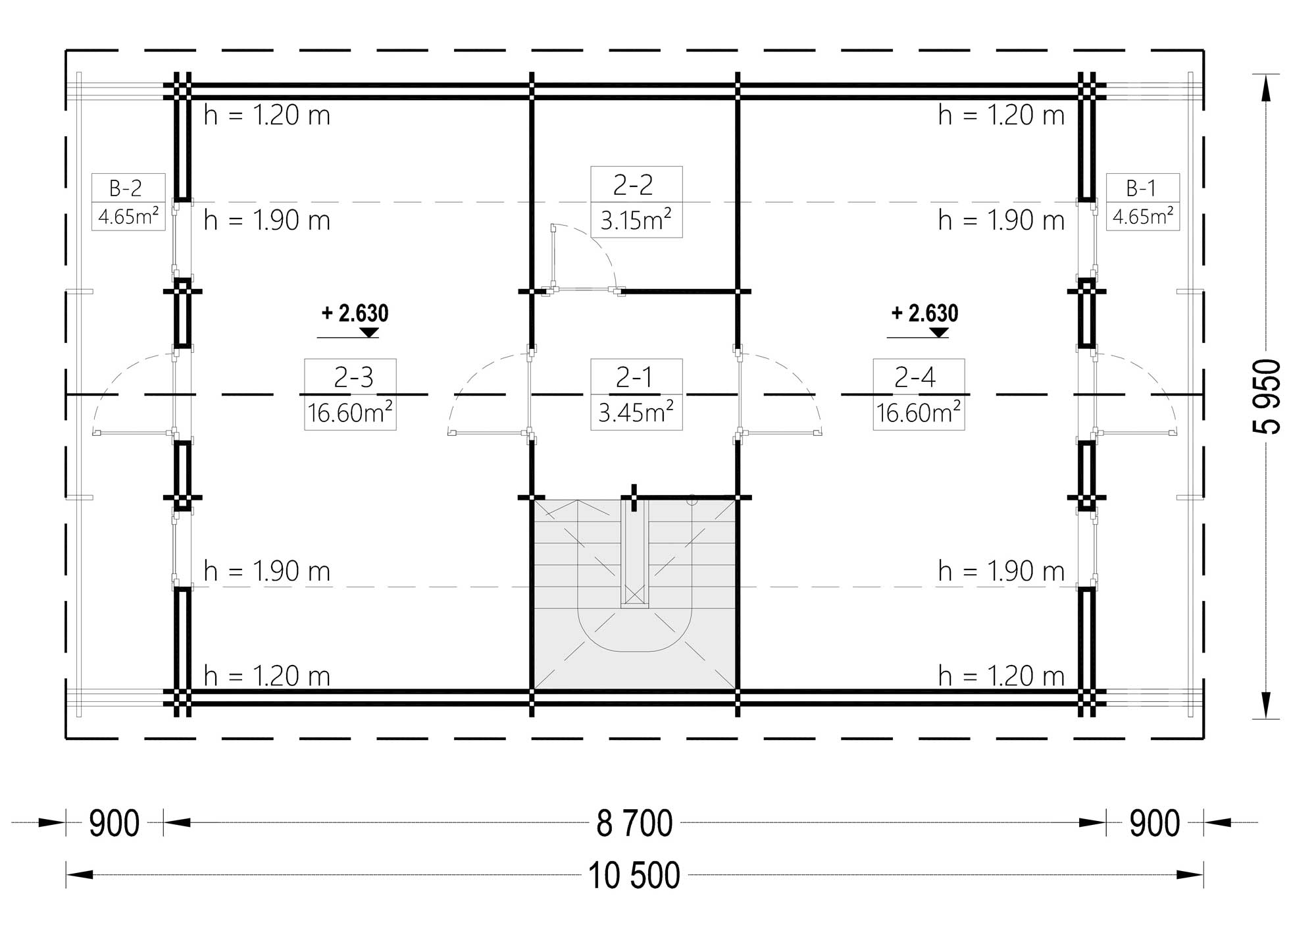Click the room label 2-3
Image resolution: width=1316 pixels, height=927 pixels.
(x=353, y=377)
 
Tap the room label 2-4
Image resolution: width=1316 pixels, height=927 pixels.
(x=915, y=377)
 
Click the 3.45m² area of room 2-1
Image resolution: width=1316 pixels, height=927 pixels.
(x=636, y=413)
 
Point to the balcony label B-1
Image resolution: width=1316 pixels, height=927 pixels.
(x=1141, y=189)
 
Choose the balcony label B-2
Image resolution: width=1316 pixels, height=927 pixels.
(x=126, y=189)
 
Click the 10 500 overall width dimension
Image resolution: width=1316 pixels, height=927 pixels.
(x=634, y=876)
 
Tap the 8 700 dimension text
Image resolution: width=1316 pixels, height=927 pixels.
(x=634, y=823)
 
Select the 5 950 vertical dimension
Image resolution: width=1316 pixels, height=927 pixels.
(x=1267, y=396)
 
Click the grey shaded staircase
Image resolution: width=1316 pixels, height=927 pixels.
(x=634, y=595)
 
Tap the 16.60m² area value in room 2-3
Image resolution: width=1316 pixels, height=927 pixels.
(x=350, y=413)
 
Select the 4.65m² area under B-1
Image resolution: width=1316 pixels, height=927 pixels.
(x=1142, y=216)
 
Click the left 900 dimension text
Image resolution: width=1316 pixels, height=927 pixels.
(x=114, y=823)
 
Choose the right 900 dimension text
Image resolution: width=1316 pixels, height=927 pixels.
(x=1155, y=823)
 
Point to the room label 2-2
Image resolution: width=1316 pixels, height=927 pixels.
(x=633, y=185)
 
